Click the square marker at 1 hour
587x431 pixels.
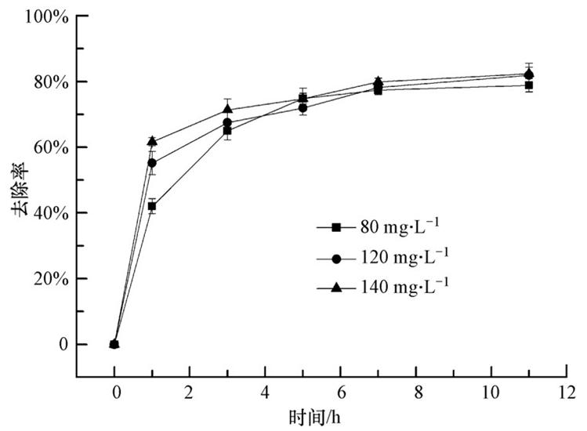(152, 207)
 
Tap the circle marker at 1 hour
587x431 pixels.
(152, 163)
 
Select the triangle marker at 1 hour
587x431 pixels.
(152, 142)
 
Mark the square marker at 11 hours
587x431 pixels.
(529, 85)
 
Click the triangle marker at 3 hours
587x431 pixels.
(227, 109)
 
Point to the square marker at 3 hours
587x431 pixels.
(227, 131)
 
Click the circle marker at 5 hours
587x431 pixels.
(303, 107)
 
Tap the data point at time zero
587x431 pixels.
(114, 344)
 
